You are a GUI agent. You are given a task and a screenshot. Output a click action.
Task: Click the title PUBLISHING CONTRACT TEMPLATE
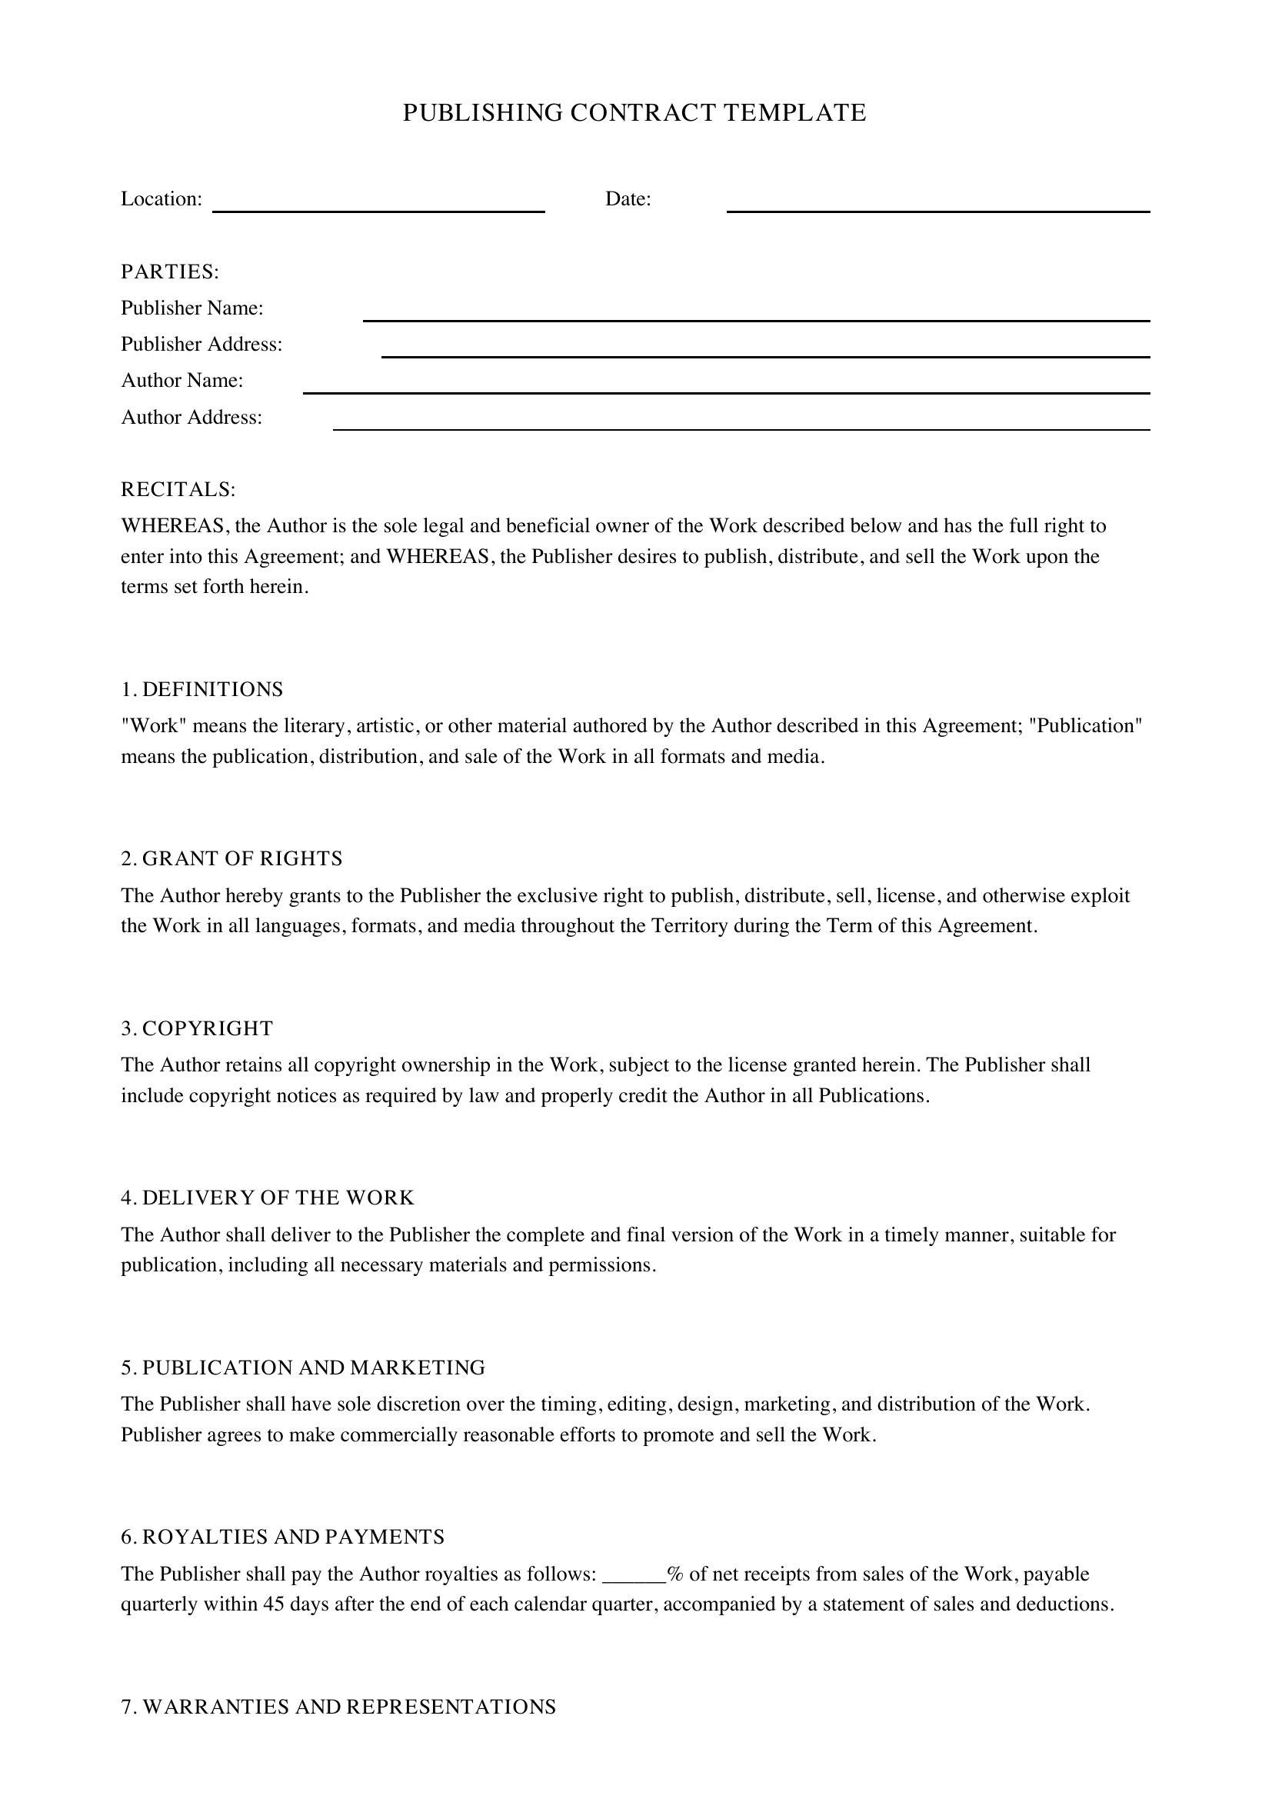pos(634,113)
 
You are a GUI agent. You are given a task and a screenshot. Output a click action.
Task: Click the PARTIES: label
pos(170,272)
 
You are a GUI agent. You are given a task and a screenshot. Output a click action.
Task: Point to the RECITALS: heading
pos(178,490)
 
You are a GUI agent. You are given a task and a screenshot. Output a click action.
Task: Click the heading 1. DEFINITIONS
pos(202,689)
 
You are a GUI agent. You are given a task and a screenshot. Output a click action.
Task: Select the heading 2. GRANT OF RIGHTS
pos(231,859)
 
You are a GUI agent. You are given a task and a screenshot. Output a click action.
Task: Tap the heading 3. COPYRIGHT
pos(197,1029)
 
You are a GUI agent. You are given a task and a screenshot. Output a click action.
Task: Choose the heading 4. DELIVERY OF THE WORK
pos(267,1198)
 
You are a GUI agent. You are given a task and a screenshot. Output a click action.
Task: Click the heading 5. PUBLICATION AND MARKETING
pos(303,1368)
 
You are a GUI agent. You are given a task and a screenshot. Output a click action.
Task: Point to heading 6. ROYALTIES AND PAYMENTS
pos(283,1537)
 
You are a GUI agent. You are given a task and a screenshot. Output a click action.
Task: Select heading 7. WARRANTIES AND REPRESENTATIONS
pos(338,1707)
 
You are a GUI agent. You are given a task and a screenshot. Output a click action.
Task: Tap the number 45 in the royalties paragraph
pos(273,1604)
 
